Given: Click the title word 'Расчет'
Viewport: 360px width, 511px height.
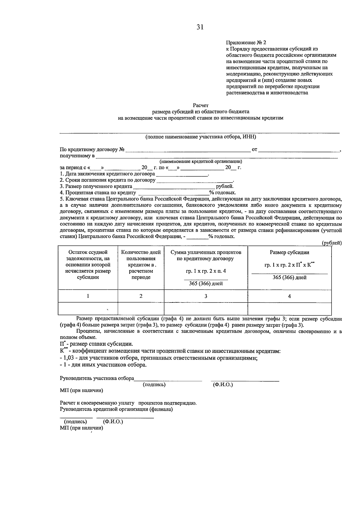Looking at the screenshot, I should point(200,105).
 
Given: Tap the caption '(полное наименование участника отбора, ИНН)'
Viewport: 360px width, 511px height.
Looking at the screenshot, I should point(200,137).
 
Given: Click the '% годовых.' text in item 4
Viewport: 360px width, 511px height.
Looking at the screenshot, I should point(222,193).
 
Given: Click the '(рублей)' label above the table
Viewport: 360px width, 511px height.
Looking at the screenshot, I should point(331,243).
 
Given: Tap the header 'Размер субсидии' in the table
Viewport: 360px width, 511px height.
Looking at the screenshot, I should point(289,252).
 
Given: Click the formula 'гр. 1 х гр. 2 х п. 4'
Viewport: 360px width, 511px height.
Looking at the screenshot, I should point(205,271).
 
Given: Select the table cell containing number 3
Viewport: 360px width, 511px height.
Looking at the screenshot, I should point(205,296).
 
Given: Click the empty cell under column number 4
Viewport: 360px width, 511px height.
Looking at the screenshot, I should point(289,308).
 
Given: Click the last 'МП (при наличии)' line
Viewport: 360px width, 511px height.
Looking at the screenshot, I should point(81,428).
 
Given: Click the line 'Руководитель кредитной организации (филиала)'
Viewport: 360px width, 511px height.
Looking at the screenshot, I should point(116,409).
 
